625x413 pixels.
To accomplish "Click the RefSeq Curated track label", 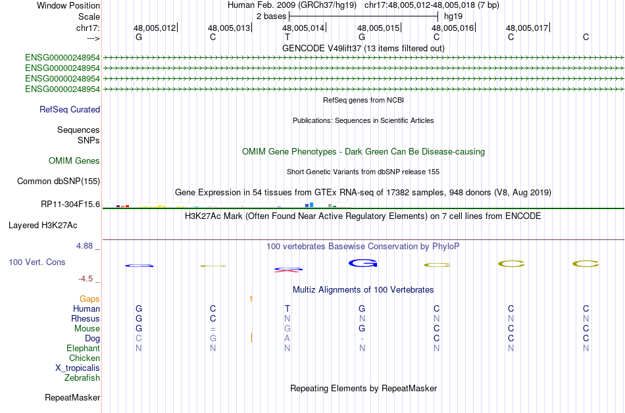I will coord(70,110).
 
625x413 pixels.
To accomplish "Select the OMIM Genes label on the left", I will coord(74,161).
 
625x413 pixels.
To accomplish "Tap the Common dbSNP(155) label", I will coord(58,181).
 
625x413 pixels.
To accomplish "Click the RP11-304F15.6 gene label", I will coord(70,204).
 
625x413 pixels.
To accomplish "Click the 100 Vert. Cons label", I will coord(37,262).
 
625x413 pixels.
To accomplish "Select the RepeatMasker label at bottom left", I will coord(72,398).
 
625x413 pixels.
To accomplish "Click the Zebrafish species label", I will coord(82,378).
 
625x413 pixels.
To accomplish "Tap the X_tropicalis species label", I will coord(78,368).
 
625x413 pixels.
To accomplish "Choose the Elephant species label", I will coord(83,349).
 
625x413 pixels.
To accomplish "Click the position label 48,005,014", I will coord(303,28).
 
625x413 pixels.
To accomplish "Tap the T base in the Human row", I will coord(287,309).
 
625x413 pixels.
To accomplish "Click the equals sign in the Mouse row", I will coord(213,329).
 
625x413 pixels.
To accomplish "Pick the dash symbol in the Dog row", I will coord(362,339).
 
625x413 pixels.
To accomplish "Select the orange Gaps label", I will coord(89,299).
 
